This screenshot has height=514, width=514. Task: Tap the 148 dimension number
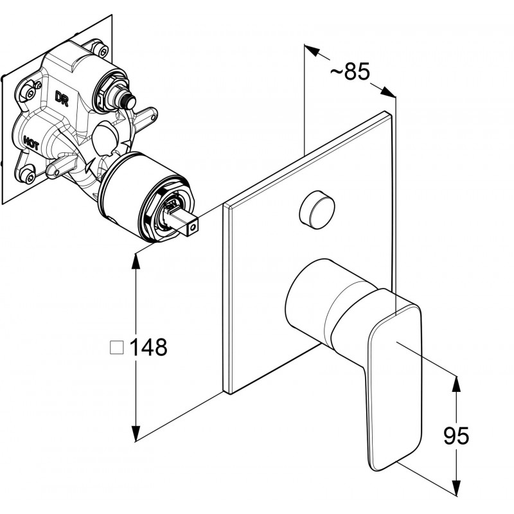[148, 348]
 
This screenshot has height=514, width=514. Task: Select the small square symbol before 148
[117, 348]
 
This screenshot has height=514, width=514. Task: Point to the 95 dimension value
[456, 437]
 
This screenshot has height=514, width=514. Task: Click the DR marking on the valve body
[62, 99]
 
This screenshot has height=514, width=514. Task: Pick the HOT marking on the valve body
[31, 141]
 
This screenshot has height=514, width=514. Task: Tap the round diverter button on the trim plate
[317, 208]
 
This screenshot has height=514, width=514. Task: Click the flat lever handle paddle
[393, 379]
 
